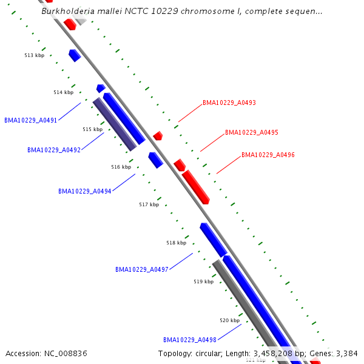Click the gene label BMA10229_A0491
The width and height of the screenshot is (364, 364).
pos(30,120)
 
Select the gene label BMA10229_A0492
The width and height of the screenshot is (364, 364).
pos(54,150)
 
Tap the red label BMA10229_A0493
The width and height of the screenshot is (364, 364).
pos(229,103)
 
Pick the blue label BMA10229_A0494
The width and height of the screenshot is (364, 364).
pos(85,191)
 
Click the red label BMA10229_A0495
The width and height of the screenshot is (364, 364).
pos(252,132)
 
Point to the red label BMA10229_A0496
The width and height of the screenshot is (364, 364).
pos(268,155)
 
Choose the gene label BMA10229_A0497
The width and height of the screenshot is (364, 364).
pos(142,269)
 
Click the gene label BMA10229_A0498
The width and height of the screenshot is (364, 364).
pos(190,340)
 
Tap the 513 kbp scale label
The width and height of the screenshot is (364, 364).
pos(35,55)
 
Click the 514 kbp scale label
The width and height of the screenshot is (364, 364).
pos(63,92)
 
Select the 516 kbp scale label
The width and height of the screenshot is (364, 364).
pos(121,167)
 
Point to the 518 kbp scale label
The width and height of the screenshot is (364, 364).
pos(177,243)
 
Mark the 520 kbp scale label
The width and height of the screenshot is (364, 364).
pos(229,320)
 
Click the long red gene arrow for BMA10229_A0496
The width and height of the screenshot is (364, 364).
pos(195,186)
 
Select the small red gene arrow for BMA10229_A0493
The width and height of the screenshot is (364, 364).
pos(158,136)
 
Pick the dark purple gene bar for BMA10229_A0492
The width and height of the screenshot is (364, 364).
pos(114,124)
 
